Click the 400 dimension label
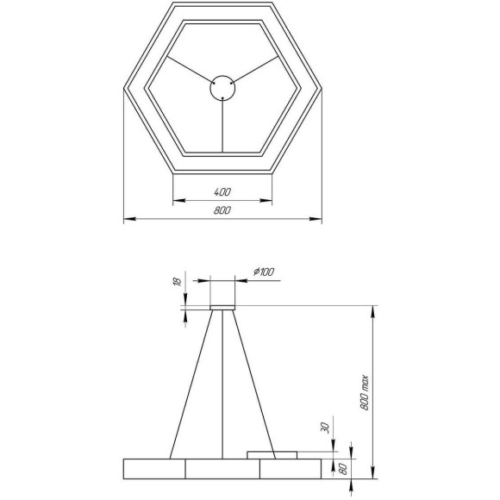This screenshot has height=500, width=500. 223,191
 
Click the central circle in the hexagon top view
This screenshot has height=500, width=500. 223,87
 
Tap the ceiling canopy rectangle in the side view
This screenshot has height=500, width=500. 223,306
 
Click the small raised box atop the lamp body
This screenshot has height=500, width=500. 272,454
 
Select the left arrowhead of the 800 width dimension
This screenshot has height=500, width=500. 128,219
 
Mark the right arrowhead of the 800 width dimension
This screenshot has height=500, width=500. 318,219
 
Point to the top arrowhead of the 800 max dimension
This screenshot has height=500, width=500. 372,309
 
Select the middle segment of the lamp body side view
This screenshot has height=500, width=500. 223,469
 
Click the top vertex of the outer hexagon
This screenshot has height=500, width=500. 223,4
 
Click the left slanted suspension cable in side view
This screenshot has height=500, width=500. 191,384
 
